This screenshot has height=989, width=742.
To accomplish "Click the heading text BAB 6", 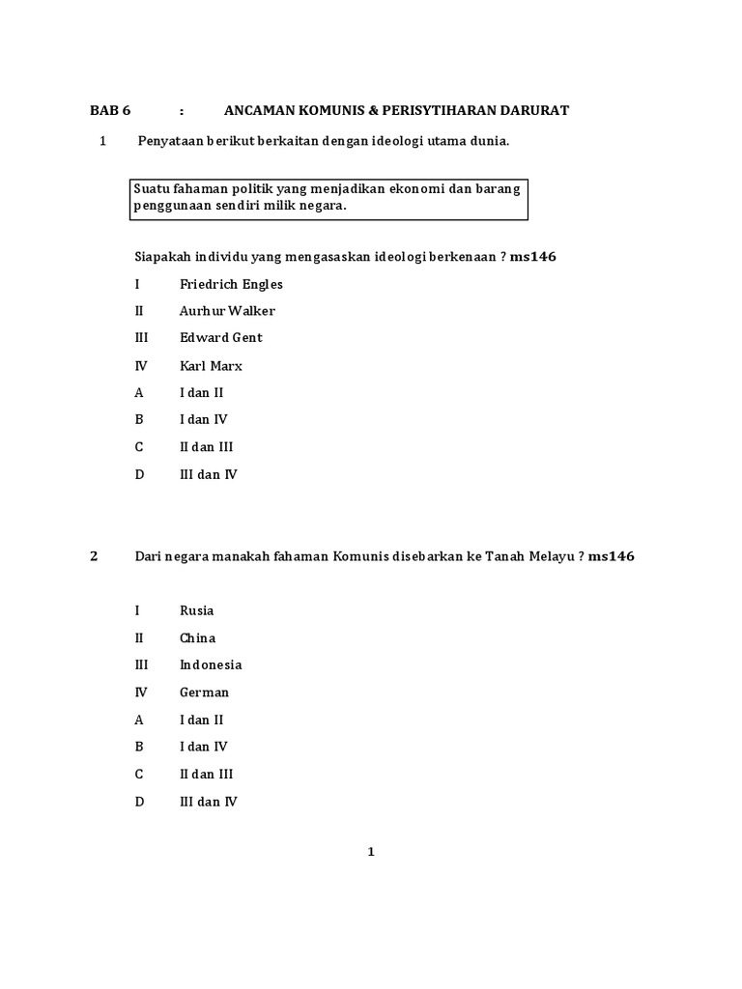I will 110,110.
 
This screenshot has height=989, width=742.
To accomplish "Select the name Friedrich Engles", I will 231,284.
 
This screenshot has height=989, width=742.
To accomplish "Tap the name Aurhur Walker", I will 227,311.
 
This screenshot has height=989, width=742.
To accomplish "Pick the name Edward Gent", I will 220,338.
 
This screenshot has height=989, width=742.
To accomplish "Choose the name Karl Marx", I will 211,366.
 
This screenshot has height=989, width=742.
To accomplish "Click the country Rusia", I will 197,610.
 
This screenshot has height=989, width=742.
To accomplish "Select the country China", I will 197,637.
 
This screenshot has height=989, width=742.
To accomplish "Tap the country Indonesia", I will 211,664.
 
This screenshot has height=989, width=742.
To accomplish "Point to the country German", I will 204,692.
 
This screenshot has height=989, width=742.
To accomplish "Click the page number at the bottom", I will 370,852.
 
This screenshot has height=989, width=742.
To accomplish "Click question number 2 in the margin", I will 94,556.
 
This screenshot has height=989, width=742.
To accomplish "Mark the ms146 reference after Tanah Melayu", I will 612,556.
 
